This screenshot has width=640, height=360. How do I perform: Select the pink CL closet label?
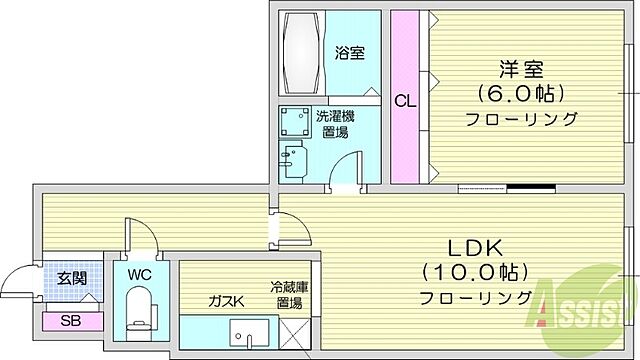(404, 100)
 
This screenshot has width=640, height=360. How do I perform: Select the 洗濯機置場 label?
(334, 125)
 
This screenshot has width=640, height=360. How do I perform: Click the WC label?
(139, 273)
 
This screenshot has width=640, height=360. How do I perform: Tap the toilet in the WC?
(139, 305)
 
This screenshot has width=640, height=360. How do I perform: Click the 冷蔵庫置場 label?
(291, 294)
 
